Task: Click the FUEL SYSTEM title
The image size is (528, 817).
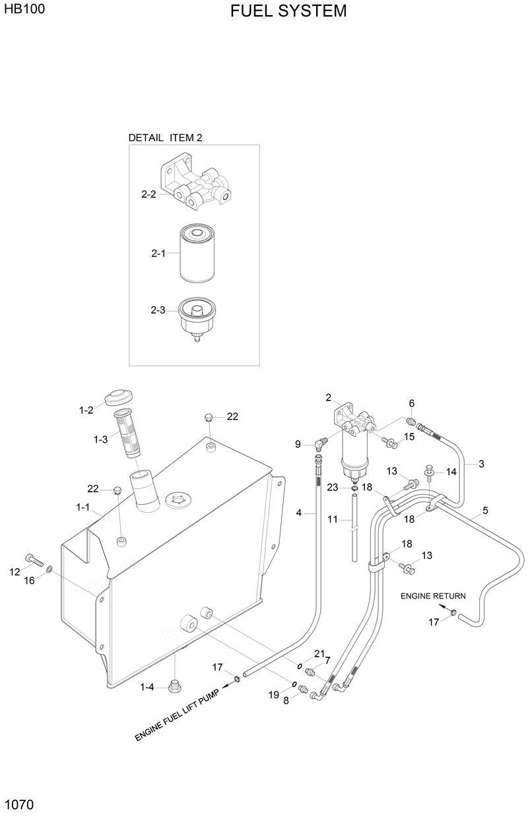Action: [288, 11]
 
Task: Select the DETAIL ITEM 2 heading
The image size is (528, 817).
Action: [165, 138]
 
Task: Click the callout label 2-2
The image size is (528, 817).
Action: [148, 194]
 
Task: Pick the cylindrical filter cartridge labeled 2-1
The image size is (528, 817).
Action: [197, 253]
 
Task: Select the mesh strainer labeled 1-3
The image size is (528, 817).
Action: [127, 432]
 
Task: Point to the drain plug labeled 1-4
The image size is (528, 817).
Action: [175, 686]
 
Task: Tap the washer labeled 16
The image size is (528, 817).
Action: [50, 568]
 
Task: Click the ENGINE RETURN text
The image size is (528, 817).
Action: [433, 596]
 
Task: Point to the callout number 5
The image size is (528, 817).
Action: [485, 510]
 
